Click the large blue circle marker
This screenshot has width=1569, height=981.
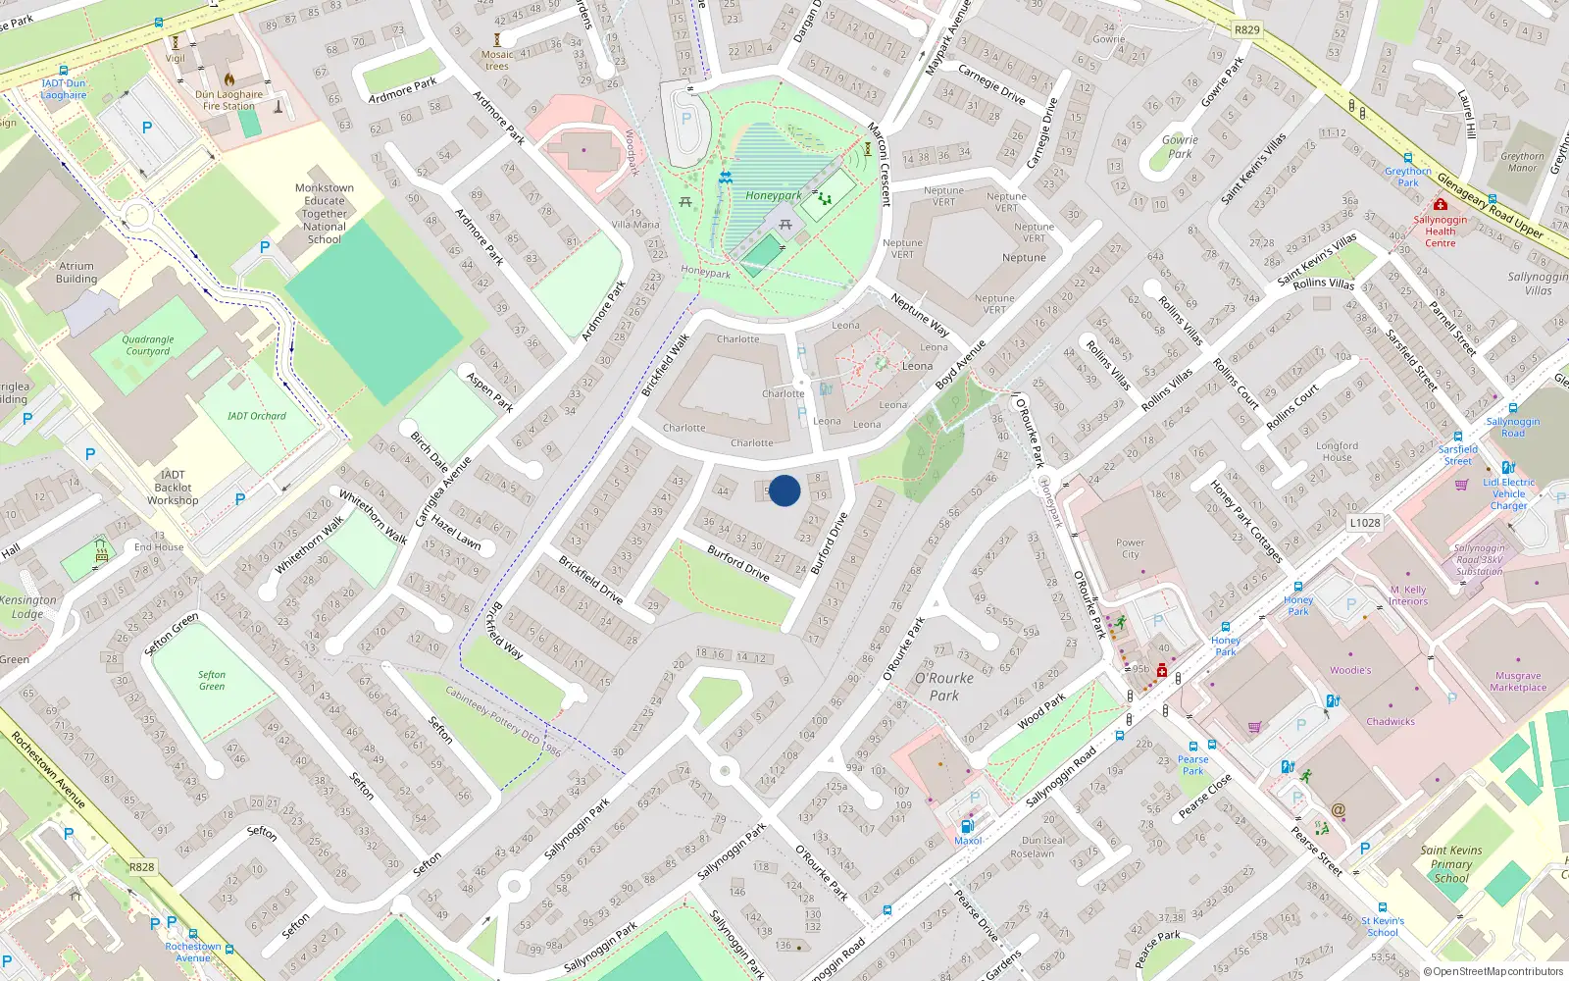tap(784, 490)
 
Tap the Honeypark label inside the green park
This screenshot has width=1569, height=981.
tap(773, 195)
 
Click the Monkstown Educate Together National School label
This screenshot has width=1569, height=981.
tap(325, 213)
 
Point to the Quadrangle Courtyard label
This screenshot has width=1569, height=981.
tap(148, 345)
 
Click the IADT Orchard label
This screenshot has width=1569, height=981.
tap(257, 416)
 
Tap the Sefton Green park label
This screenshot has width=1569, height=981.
tap(212, 680)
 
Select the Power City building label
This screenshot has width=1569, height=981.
tap(1130, 548)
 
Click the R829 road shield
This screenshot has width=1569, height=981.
tap(1247, 29)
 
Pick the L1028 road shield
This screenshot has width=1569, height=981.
tap(1365, 523)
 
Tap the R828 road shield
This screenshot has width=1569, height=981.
tap(142, 867)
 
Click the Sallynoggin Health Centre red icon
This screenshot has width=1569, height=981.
tap(1440, 204)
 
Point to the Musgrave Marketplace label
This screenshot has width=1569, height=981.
tap(1518, 682)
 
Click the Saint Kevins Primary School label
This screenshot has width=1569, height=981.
tap(1451, 864)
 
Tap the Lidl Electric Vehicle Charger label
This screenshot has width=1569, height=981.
tap(1509, 493)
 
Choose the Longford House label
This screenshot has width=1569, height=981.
tap(1337, 451)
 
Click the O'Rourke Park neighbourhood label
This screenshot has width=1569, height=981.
tap(944, 687)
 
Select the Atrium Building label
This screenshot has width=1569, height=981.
tap(76, 272)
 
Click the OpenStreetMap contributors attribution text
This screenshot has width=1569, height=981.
tap(1493, 971)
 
